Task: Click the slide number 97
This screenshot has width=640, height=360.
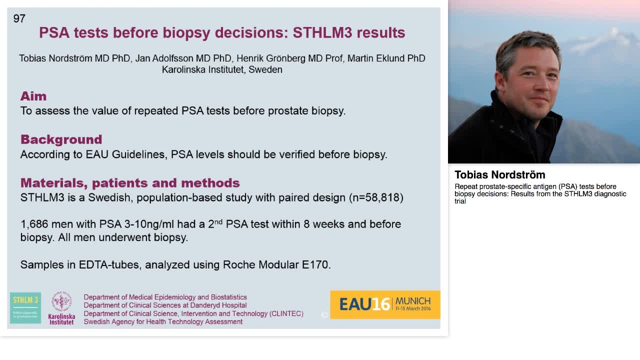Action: tap(19, 18)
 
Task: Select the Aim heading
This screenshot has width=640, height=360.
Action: tap(33, 96)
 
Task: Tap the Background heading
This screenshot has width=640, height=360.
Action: tap(61, 139)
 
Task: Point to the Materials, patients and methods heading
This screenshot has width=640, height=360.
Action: tap(130, 183)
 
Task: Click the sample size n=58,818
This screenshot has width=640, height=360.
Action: tap(376, 197)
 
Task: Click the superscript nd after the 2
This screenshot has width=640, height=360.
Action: tap(218, 221)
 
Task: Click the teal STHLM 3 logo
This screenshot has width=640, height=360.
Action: tap(25, 307)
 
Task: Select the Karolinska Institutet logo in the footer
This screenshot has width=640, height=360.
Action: tap(61, 308)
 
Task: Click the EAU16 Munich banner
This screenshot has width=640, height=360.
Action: tap(385, 304)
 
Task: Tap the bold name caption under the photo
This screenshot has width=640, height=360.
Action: tap(500, 175)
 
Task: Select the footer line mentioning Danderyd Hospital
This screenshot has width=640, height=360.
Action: tap(165, 305)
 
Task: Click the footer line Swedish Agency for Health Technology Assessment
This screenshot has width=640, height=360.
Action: tap(163, 321)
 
